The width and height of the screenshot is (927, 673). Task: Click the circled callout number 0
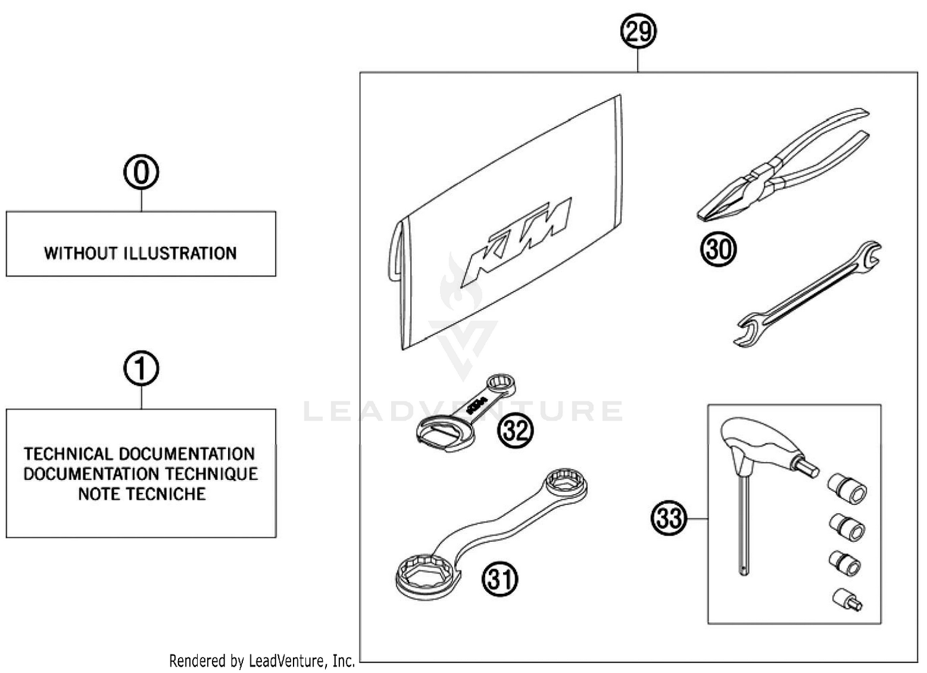pos(141,173)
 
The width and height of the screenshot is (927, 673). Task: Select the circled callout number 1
pos(141,369)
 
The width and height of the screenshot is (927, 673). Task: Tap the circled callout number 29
pos(638,31)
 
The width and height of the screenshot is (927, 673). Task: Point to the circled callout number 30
pos(718,249)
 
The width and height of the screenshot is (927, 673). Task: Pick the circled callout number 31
pos(500,580)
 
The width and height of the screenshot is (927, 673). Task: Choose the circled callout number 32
pos(515,429)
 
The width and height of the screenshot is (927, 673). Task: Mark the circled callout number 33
pos(669,518)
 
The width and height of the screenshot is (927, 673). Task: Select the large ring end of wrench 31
pos(426,576)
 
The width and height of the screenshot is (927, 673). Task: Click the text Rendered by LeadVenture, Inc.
pos(262,661)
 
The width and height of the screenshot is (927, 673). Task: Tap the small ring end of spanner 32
pos(501,384)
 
